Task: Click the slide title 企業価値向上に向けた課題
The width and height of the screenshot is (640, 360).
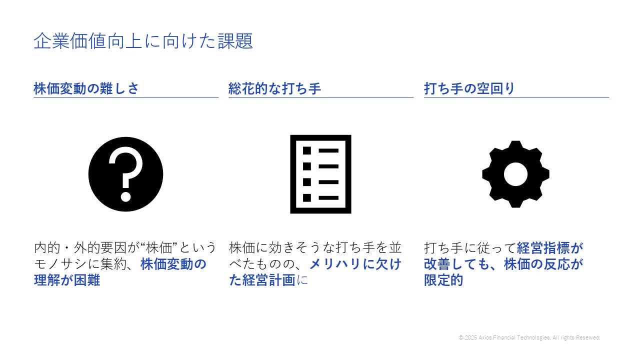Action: click(143, 41)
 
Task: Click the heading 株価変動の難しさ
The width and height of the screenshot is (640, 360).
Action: click(86, 88)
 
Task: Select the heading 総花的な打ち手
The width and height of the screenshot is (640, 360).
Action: click(274, 88)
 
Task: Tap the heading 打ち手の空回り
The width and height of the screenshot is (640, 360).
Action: click(469, 88)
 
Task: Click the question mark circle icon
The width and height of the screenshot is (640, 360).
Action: click(125, 174)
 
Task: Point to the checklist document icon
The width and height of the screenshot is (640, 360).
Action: click(320, 174)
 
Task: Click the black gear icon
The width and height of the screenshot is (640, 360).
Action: click(515, 174)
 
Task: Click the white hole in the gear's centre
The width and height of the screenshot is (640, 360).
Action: click(515, 174)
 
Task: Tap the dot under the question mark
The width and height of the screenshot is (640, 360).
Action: click(125, 196)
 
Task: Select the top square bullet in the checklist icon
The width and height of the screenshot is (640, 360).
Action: click(307, 150)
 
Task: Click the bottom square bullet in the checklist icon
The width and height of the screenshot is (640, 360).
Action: click(307, 197)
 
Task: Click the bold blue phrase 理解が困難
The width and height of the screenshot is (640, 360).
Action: click(67, 280)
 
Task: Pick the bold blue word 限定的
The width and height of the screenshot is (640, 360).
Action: click(443, 280)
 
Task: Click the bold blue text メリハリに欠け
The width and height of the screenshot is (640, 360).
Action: click(355, 263)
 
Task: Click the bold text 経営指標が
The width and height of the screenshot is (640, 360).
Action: click(550, 247)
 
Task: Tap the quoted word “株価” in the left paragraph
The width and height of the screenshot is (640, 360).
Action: click(161, 247)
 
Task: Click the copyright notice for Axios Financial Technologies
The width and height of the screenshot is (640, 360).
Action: click(529, 338)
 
